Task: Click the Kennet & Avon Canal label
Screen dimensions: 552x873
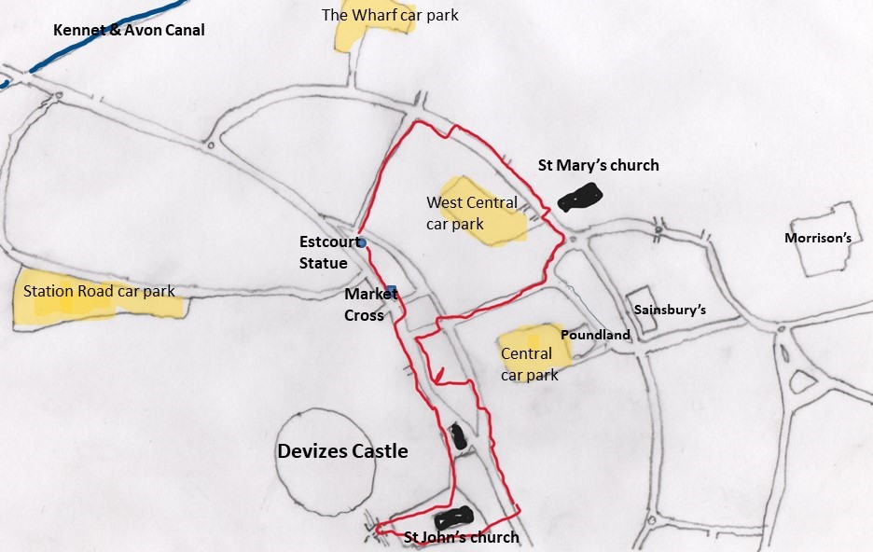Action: pos(129,31)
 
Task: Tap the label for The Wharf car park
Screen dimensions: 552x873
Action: pos(390,15)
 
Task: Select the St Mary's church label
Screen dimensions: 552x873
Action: pos(598,165)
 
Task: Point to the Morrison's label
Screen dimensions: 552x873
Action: pos(818,238)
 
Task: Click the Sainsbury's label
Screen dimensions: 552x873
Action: pos(670,310)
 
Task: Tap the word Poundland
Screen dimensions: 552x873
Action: pos(595,335)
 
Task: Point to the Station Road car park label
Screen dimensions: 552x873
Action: pos(99,291)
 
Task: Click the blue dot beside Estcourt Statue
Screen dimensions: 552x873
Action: pos(362,243)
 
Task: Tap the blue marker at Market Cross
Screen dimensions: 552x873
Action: pos(392,289)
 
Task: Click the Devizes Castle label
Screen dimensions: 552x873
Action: pos(342,451)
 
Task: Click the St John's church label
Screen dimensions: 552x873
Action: pos(461,537)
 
